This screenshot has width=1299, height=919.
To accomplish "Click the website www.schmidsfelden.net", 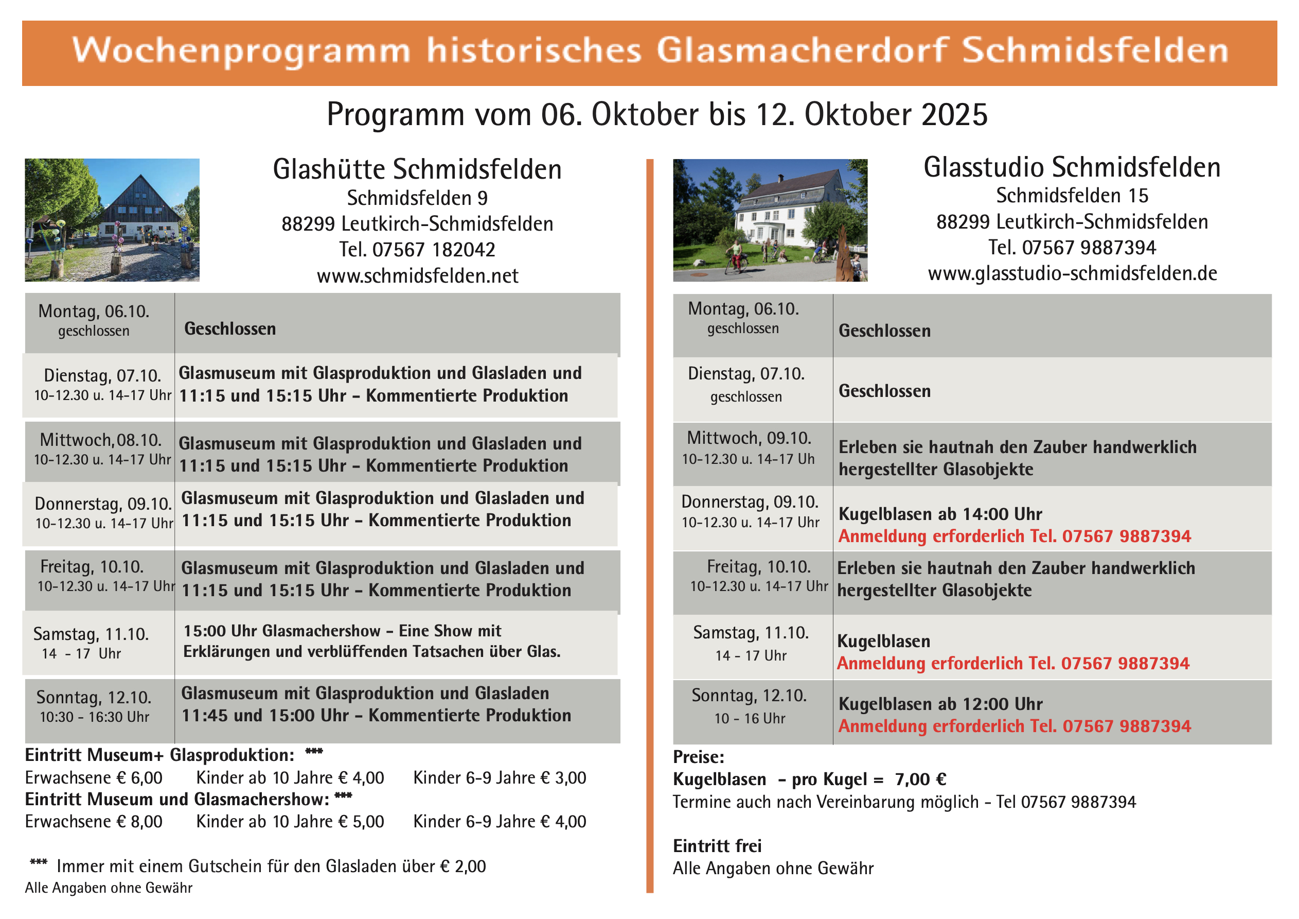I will coord(418,276).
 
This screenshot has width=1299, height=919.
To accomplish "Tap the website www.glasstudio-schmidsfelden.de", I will coord(1072,273).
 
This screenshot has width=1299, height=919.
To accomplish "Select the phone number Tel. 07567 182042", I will coord(418,250).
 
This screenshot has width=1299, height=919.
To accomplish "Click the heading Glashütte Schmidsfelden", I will coord(418,169).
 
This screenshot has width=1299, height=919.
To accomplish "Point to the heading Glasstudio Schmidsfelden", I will coord(1072,168).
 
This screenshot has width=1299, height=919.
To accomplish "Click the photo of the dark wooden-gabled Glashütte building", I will coord(112,220).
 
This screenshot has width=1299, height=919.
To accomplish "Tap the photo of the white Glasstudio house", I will coord(770,220).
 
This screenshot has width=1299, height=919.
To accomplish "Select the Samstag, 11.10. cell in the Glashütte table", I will coord(92,643).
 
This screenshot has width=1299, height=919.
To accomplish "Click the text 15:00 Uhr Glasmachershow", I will coord(282,631).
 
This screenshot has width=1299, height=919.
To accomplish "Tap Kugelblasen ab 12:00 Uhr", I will coord(940,704).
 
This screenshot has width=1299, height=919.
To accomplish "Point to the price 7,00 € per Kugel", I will coord(920,779).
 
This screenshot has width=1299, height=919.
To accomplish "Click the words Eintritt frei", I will coord(717,846).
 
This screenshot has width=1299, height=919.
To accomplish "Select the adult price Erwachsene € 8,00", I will coord(94,822).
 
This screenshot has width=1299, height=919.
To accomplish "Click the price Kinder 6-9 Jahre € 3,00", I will coord(500,778).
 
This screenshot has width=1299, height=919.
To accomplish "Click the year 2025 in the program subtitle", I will coord(954,114).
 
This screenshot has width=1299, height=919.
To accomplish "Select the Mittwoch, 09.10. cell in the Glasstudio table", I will coord(749,448).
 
